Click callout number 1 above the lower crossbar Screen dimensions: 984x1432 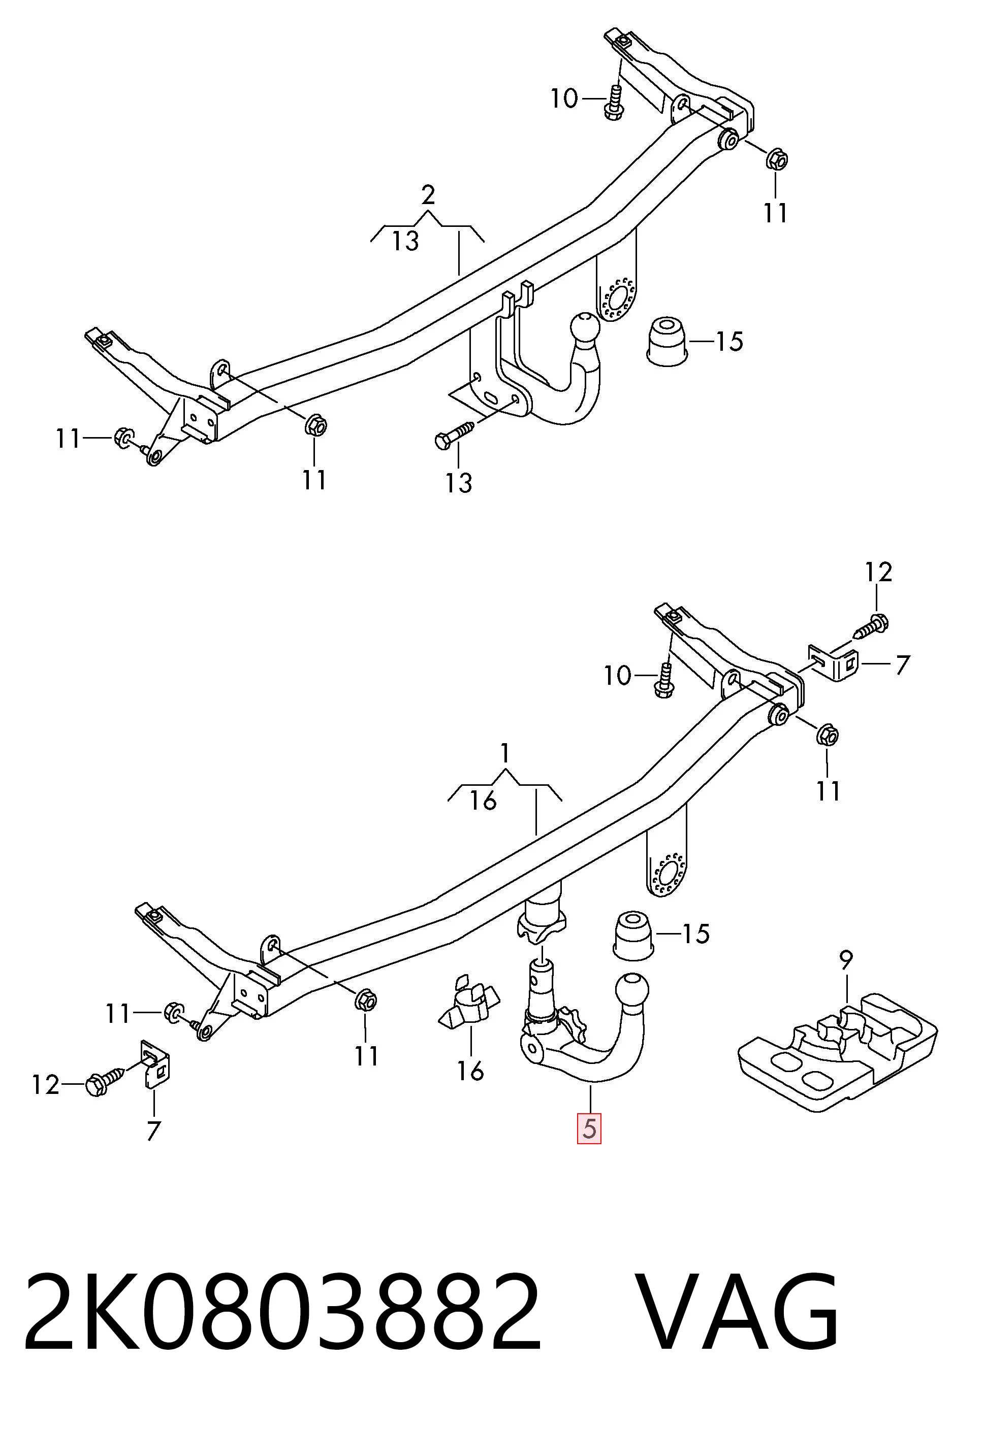(505, 752)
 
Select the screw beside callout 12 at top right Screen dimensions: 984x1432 (871, 626)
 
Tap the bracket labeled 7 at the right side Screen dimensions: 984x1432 (834, 662)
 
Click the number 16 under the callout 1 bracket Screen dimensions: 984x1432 (483, 801)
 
